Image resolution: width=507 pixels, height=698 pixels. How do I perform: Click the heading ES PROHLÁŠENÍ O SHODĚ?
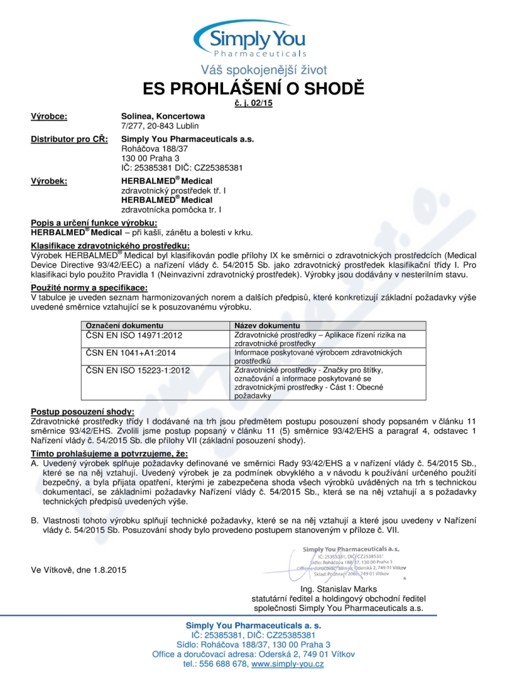coord(253,88)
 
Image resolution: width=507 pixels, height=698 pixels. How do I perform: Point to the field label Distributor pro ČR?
coord(69,139)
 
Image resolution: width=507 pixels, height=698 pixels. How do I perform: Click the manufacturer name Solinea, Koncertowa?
coord(163,116)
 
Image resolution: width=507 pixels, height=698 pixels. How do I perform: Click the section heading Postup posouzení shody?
coord(82,412)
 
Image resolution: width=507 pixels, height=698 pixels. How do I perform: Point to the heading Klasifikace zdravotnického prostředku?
coord(110,245)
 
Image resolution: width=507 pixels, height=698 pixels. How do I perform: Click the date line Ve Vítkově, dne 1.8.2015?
coord(79,569)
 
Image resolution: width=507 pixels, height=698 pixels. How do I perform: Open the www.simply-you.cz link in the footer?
coord(288,664)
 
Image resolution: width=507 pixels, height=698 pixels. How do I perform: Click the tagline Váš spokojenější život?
coord(264,70)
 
